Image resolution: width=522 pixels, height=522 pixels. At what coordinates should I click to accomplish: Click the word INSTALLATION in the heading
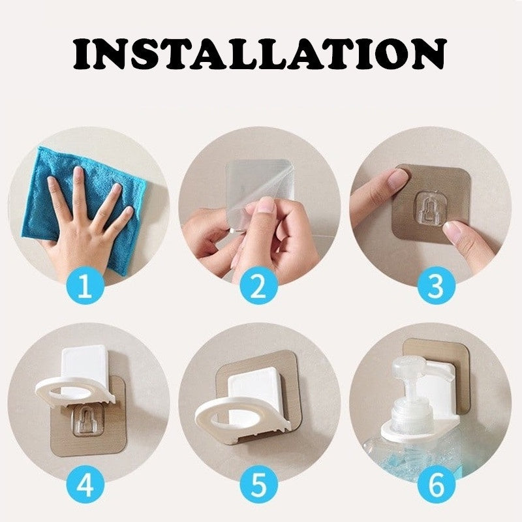click(x=260, y=54)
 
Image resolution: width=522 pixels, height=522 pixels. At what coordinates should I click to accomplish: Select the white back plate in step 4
click(x=84, y=363)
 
